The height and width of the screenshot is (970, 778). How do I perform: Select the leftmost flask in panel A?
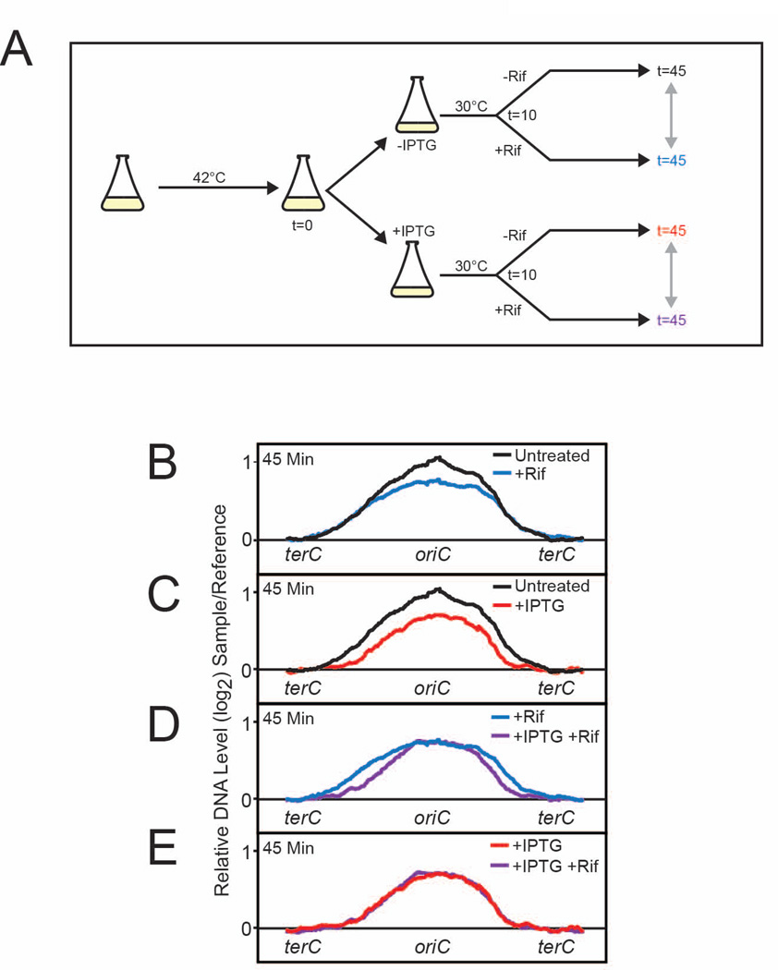(x=124, y=184)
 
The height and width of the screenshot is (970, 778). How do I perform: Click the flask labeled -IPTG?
(x=417, y=103)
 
